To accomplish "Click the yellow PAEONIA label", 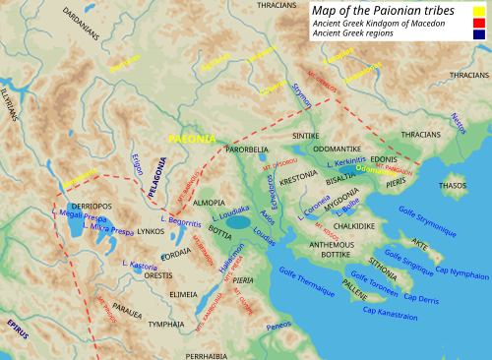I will (x=197, y=140).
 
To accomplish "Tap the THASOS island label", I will (x=452, y=185).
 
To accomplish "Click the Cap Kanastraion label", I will (x=389, y=311).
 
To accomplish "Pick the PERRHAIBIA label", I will (x=209, y=354).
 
